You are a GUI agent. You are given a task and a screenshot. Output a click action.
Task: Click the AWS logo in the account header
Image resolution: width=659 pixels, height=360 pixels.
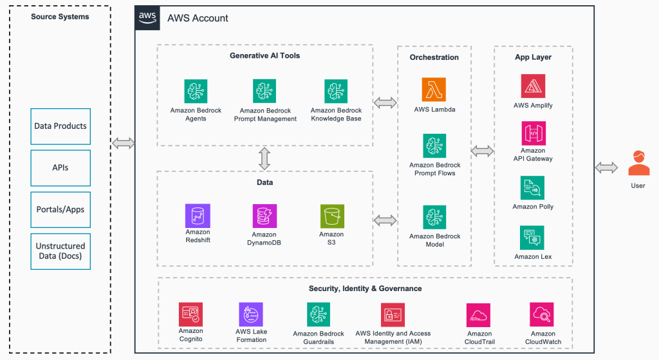pyautogui.click(x=147, y=18)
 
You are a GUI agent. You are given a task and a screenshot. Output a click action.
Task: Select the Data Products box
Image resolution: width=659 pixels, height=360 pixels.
pyautogui.click(x=60, y=126)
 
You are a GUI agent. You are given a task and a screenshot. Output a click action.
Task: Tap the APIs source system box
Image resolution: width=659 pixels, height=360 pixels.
pyautogui.click(x=60, y=167)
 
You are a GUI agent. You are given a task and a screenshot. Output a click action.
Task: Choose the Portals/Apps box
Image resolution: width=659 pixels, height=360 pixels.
pyautogui.click(x=60, y=209)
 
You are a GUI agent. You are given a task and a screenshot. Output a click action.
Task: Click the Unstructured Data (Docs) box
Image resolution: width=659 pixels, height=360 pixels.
pyautogui.click(x=60, y=251)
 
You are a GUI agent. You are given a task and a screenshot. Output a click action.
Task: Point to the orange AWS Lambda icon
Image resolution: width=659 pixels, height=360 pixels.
pyautogui.click(x=434, y=90)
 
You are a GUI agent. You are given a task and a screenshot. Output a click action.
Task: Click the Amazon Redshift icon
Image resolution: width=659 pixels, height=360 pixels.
pyautogui.click(x=198, y=216)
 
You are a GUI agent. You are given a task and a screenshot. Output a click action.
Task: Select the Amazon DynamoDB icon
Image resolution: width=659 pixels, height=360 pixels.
pyautogui.click(x=265, y=216)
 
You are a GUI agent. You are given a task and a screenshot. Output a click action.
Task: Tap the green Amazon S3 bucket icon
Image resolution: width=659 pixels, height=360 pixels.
pyautogui.click(x=331, y=216)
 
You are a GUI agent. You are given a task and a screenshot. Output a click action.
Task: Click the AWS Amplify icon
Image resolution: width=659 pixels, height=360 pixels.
pyautogui.click(x=533, y=86)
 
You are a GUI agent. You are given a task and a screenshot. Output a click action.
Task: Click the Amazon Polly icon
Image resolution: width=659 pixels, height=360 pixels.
pyautogui.click(x=533, y=188)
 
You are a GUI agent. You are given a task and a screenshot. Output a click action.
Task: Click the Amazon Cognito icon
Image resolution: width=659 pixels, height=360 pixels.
pyautogui.click(x=190, y=315)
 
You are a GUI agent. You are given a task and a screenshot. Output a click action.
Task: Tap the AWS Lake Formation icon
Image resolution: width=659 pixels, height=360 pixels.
pyautogui.click(x=250, y=314)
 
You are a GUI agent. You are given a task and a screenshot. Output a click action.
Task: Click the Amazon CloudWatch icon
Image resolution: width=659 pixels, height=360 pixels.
pyautogui.click(x=542, y=315)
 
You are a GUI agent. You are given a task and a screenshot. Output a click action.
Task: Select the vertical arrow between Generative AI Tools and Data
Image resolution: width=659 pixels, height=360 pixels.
pyautogui.click(x=265, y=158)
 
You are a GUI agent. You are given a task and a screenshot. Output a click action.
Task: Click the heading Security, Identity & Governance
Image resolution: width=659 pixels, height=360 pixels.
pyautogui.click(x=365, y=289)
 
